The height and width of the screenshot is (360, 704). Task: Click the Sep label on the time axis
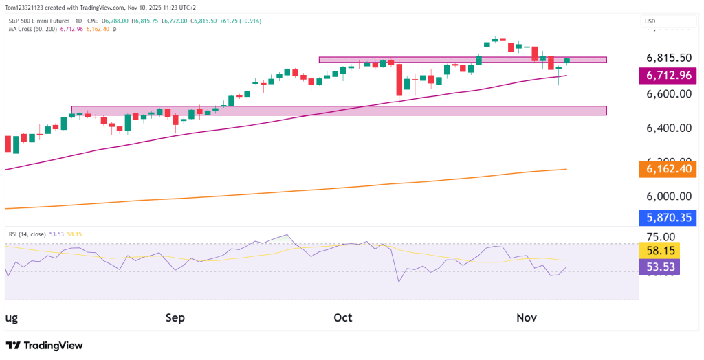[x=175, y=318]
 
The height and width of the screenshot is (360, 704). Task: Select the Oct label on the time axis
[x=342, y=318]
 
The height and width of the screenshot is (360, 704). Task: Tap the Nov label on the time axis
[x=526, y=318]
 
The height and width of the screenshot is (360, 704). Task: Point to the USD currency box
[x=650, y=21]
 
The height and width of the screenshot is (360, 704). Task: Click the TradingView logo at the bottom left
[x=44, y=346]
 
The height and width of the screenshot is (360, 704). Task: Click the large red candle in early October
[x=399, y=79]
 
